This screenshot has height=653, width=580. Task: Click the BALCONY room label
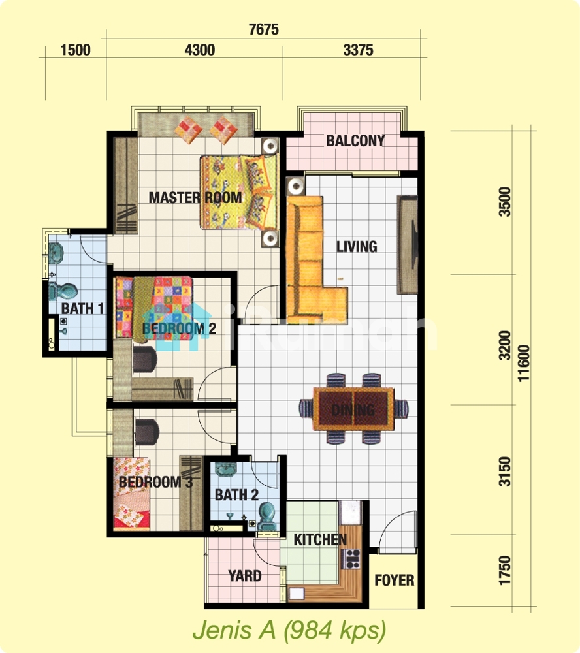[x=355, y=141]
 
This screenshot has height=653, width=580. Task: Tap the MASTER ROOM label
[x=195, y=197]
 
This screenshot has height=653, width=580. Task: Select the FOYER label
[x=394, y=580]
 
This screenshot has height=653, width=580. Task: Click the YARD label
[x=245, y=576]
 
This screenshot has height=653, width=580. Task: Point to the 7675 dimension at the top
[x=263, y=29]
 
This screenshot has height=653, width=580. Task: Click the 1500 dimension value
[x=75, y=50]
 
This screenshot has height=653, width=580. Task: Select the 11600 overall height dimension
[x=523, y=363]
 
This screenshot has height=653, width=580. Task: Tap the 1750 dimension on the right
[x=505, y=571]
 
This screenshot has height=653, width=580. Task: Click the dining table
[x=353, y=409]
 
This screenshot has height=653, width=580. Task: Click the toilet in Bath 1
[x=63, y=291]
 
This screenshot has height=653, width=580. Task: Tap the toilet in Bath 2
[x=268, y=516]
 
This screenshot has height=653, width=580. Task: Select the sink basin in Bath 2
[x=226, y=469]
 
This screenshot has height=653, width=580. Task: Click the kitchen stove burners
[x=351, y=559]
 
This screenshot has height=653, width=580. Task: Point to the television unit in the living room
[x=407, y=244]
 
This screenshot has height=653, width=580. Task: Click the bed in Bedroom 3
[x=132, y=494]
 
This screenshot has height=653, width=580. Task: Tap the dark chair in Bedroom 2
[x=144, y=359]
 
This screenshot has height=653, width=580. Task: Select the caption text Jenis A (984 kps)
[x=289, y=629]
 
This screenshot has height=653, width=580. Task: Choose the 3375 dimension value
[x=358, y=50]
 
